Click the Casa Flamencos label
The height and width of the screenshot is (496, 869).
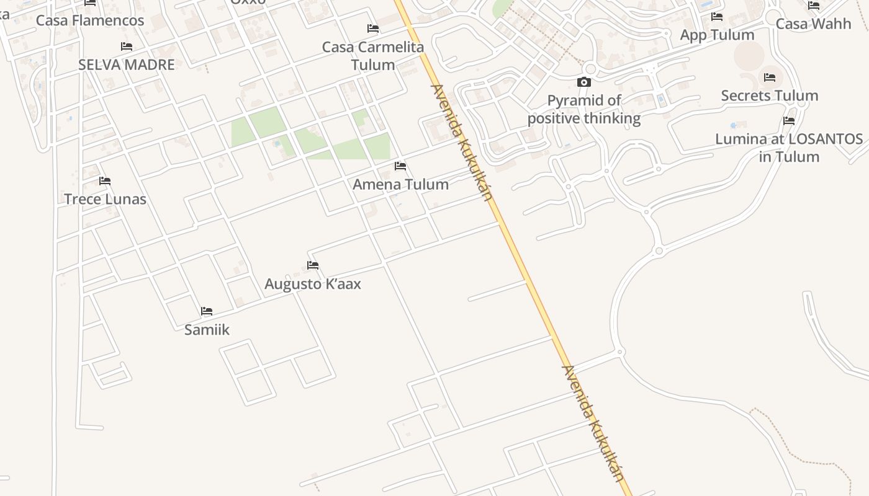(x=90, y=20)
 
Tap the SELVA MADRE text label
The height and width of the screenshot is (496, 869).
(x=127, y=64)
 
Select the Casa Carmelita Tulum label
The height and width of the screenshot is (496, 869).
(x=373, y=56)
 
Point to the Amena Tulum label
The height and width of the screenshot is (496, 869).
(x=400, y=184)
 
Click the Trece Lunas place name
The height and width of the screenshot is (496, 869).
(x=106, y=199)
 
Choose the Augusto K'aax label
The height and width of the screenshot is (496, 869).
(x=313, y=284)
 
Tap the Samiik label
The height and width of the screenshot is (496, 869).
(x=207, y=330)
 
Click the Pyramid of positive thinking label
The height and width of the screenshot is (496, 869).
(x=584, y=109)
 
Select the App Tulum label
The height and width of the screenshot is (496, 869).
(x=717, y=35)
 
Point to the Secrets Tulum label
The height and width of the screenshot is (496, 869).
(x=770, y=95)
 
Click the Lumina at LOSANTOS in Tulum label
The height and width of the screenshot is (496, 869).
(x=789, y=148)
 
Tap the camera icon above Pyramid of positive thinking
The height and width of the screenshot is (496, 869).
(x=584, y=82)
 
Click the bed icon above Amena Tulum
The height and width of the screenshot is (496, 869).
(x=400, y=166)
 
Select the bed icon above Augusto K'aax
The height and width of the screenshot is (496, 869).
(x=313, y=265)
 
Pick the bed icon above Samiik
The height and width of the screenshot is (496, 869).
(x=207, y=311)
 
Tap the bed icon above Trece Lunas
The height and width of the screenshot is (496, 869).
(x=105, y=181)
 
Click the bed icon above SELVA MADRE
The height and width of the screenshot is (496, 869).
(x=127, y=46)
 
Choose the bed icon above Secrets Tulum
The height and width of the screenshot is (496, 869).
(x=770, y=77)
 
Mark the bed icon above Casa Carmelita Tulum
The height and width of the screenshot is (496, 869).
(x=373, y=29)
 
